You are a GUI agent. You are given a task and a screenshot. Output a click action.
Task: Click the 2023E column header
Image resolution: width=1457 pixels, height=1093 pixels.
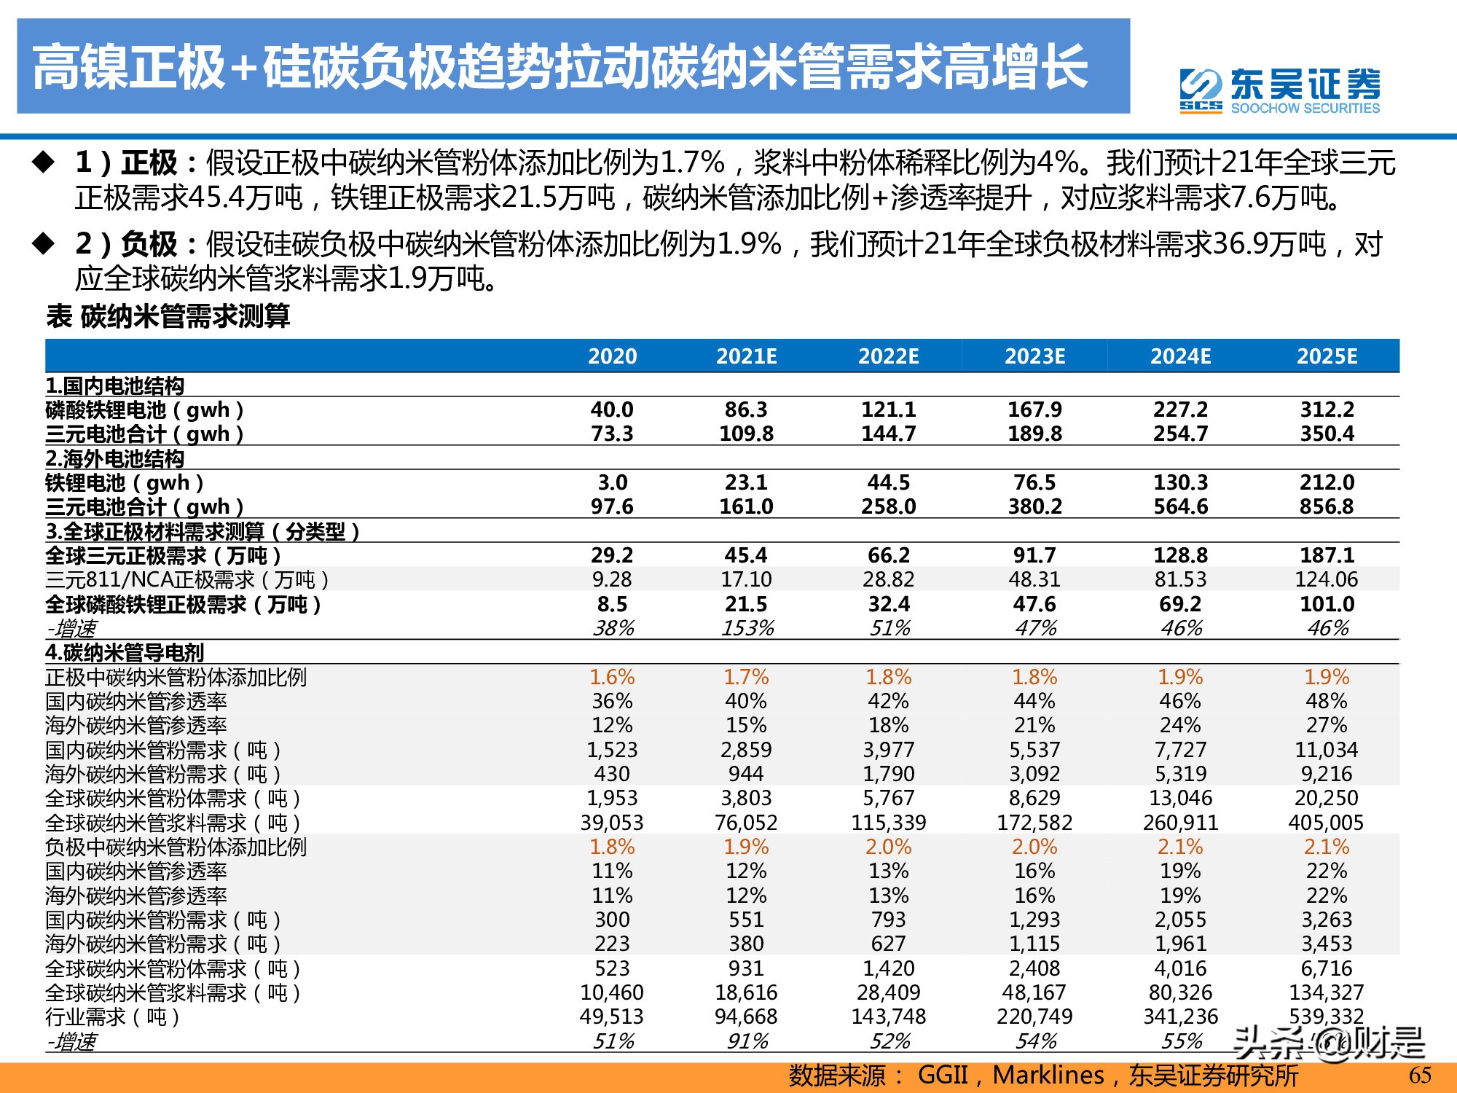1034,356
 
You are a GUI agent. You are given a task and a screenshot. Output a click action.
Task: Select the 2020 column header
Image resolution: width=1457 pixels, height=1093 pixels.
612,356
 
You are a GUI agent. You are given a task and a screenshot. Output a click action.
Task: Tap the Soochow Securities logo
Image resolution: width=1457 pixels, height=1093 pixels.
1279,91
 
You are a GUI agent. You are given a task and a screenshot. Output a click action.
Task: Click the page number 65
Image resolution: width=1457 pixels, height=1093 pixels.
1420,1075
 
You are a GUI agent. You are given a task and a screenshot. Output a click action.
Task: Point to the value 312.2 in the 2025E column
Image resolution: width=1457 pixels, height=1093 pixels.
1327,410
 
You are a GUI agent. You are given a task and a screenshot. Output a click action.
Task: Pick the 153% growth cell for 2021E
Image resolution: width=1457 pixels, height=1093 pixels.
747,628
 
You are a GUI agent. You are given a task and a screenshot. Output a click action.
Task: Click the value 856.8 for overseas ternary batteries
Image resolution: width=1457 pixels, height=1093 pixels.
1327,506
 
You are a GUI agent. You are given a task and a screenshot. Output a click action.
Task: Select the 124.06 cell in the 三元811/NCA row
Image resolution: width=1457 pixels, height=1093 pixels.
1327,579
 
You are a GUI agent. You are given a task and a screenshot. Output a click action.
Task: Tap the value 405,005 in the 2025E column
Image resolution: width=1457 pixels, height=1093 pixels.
1326,823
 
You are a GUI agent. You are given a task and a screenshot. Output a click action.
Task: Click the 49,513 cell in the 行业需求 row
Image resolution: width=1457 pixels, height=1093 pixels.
612,1016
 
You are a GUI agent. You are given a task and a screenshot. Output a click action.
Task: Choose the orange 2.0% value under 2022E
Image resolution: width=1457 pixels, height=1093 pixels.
889,847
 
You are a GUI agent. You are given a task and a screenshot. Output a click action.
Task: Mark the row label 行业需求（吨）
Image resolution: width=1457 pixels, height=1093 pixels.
113,1016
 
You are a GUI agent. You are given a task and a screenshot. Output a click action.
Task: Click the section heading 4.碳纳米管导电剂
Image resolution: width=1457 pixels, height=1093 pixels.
125,652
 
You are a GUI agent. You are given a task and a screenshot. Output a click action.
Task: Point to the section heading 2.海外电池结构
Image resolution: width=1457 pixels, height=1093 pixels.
115,458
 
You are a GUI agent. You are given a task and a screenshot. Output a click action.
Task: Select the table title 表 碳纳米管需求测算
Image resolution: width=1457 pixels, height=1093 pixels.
168,316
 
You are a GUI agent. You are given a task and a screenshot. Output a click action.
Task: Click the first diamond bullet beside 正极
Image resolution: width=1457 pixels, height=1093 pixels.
44,162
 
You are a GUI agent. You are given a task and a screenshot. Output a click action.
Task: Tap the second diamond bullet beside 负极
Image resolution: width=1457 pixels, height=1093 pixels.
44,243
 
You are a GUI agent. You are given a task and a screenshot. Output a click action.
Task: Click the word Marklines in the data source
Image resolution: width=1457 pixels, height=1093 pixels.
1048,1075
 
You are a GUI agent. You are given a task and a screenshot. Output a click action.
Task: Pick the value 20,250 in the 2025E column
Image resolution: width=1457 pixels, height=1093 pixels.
1327,798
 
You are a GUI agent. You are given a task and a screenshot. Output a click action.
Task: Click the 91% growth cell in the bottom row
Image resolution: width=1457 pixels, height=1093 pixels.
747,1041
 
